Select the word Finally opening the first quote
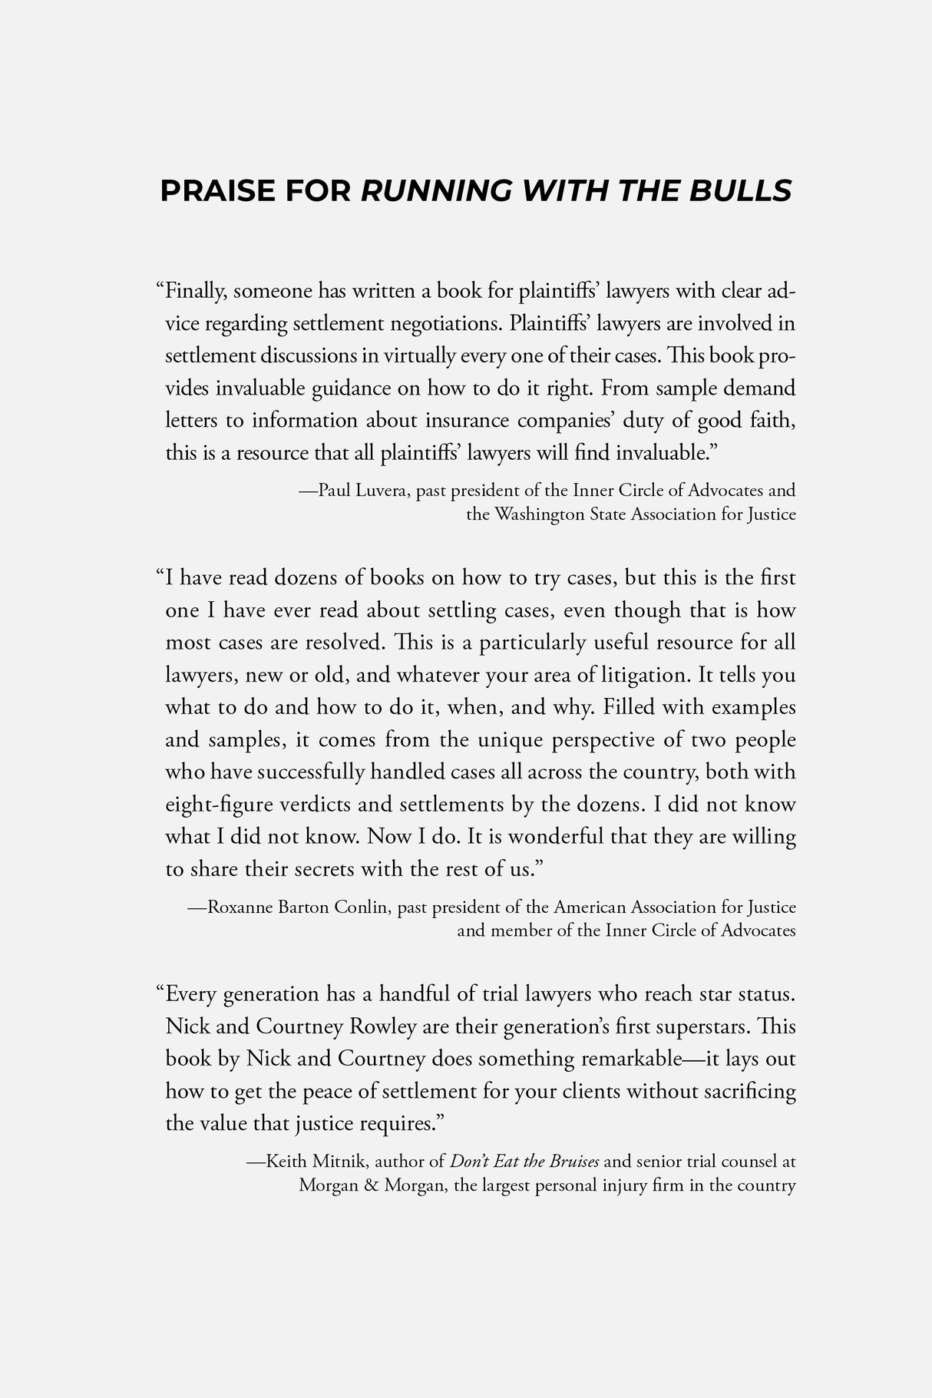click(x=195, y=292)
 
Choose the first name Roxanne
click(x=239, y=907)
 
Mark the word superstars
click(x=706, y=1026)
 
